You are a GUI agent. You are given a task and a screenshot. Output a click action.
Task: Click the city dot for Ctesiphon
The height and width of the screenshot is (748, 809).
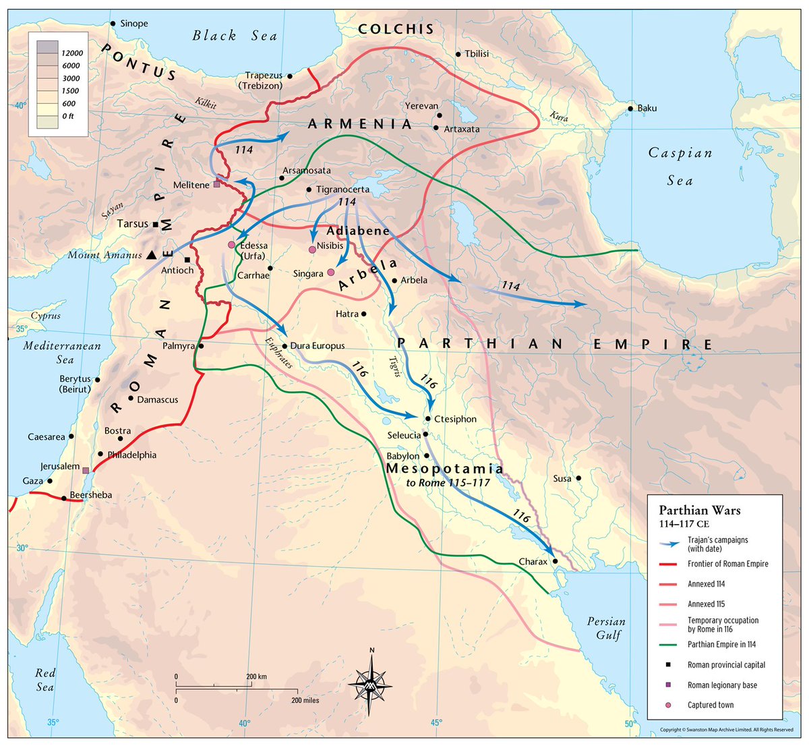click(x=428, y=418)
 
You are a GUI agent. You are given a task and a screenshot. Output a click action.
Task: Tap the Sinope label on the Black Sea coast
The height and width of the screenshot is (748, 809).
click(x=133, y=24)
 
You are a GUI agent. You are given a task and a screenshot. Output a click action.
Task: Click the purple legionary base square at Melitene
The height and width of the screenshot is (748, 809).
click(x=216, y=184)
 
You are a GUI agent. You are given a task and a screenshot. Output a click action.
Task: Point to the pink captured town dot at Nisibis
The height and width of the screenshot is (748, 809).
click(x=312, y=250)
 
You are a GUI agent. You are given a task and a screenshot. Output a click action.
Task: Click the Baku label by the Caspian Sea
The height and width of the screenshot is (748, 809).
click(x=647, y=108)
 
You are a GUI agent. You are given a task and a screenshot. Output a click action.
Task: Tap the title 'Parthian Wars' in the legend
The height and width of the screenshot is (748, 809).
click(x=699, y=510)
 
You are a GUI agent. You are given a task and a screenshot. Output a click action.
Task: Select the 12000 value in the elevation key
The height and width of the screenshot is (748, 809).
click(x=71, y=53)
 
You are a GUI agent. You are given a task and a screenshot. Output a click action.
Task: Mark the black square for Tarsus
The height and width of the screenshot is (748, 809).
click(x=156, y=224)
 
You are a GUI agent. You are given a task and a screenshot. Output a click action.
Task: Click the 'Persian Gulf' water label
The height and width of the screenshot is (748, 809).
click(x=605, y=628)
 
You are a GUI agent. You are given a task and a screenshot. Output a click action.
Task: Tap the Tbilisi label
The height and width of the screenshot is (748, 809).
click(x=477, y=54)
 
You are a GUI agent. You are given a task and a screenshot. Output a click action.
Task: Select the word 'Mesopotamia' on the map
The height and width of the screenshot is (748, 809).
click(x=444, y=468)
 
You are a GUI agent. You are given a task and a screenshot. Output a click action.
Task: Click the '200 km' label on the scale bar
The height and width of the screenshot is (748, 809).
click(x=256, y=676)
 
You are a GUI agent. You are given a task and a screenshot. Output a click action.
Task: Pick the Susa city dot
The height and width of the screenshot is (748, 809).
click(x=578, y=478)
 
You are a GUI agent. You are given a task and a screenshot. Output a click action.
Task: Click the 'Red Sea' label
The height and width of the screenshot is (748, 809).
click(x=45, y=680)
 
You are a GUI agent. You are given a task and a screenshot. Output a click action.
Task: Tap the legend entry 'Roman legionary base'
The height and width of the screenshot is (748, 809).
click(x=722, y=685)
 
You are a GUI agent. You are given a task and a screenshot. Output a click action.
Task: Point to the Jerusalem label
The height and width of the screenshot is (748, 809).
click(x=59, y=466)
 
